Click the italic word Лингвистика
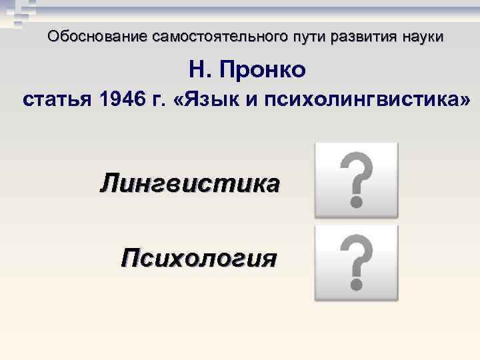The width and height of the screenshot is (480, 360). pyautogui.click(x=190, y=183)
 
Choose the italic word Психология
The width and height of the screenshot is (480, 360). pyautogui.click(x=198, y=257)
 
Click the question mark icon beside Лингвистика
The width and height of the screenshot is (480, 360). pyautogui.click(x=356, y=179)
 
